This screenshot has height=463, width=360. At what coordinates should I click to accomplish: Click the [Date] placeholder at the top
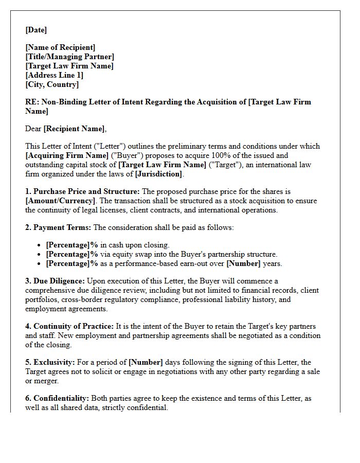pyautogui.click(x=36, y=30)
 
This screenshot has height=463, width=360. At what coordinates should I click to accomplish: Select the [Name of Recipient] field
pyautogui.click(x=60, y=48)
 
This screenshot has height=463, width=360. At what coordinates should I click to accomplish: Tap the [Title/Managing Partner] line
pyautogui.click(x=69, y=57)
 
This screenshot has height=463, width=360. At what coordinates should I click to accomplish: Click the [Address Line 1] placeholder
pyautogui.click(x=54, y=76)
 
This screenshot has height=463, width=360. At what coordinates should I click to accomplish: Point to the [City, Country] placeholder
pyautogui.click(x=52, y=85)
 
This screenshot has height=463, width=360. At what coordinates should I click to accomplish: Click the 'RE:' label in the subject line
pyautogui.click(x=31, y=102)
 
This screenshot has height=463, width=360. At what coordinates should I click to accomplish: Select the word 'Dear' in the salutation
pyautogui.click(x=33, y=129)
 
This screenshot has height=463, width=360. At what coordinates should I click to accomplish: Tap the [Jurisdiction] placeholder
pyautogui.click(x=158, y=174)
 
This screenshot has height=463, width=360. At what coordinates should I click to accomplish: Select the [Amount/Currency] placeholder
pyautogui.click(x=60, y=201)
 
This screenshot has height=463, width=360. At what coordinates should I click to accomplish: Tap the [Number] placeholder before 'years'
pyautogui.click(x=245, y=264)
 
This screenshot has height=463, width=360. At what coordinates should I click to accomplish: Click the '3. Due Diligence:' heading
pyautogui.click(x=55, y=281)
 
